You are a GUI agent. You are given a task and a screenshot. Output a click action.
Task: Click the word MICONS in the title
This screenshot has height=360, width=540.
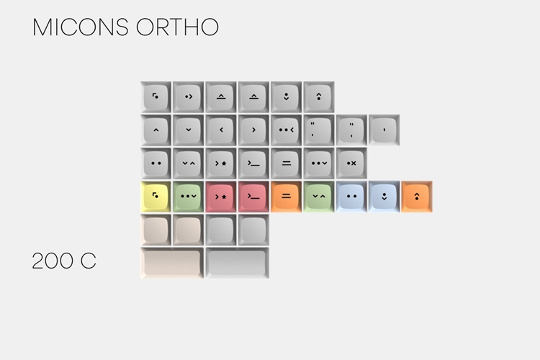point(81,27)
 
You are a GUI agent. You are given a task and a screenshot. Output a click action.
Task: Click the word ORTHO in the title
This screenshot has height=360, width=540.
point(178,27)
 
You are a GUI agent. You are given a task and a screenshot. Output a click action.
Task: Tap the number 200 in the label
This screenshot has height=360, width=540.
point(53,261)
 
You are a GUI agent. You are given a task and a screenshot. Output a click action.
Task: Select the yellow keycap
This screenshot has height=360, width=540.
point(156,197)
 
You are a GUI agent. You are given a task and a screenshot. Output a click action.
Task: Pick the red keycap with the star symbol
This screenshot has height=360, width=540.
point(221,197)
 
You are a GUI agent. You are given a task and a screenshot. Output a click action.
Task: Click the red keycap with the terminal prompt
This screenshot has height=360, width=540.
point(253,197)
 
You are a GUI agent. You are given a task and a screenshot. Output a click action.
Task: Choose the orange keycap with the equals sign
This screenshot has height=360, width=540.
point(286,197)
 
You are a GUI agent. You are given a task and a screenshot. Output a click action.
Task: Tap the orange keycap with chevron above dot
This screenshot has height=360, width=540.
point(417,197)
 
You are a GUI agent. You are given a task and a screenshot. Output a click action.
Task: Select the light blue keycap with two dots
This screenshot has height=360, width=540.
point(351,197)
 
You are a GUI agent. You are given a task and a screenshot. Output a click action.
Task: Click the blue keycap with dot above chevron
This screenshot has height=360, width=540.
point(384,197)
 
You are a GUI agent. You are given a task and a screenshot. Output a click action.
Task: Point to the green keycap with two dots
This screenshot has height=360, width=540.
point(189,197)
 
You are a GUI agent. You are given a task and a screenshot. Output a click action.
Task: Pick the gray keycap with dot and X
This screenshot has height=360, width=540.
point(351,163)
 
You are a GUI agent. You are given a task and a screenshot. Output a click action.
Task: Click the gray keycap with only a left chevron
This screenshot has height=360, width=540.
point(221,130)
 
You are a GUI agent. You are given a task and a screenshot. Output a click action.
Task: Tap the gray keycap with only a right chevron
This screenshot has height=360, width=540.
point(253,130)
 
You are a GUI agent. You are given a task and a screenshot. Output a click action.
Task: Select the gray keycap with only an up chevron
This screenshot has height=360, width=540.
point(156,130)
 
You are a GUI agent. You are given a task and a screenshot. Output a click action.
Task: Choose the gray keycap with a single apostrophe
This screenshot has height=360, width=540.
point(384,130)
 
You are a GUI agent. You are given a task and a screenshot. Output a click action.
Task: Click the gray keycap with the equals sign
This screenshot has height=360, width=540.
point(286,163)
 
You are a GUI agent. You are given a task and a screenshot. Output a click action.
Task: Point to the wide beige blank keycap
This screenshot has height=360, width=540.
point(172,263)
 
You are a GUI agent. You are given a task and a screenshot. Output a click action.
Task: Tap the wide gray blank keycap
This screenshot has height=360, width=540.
point(238,263)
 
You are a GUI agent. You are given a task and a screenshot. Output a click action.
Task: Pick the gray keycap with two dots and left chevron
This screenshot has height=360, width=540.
point(286,130)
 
